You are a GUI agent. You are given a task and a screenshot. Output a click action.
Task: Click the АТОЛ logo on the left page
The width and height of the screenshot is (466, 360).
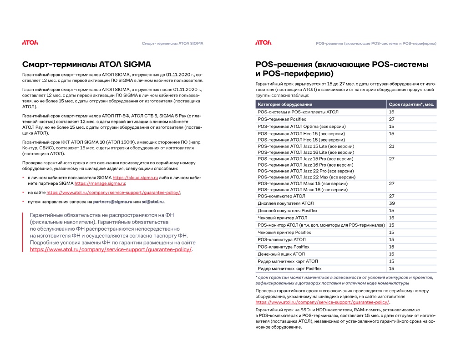[x=30, y=43]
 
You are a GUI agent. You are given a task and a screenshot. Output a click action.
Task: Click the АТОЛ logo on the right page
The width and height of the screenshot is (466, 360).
[x=263, y=43]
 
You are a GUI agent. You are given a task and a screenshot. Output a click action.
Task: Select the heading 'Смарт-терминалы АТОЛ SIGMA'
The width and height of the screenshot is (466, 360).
[x=86, y=64]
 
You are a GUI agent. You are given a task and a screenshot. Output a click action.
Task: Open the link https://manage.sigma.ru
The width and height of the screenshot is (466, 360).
[x=100, y=183]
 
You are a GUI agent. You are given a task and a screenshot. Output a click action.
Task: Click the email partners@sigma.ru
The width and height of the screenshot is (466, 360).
[x=113, y=201]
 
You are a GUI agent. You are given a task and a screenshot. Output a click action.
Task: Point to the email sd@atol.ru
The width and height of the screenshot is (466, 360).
[x=153, y=201]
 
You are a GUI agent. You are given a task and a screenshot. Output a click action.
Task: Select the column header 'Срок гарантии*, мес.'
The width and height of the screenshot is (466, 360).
[x=412, y=105]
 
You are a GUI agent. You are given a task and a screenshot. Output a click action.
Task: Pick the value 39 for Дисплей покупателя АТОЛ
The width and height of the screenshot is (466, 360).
[x=391, y=203]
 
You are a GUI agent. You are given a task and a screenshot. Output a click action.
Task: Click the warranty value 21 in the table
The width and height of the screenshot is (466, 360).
[x=391, y=146]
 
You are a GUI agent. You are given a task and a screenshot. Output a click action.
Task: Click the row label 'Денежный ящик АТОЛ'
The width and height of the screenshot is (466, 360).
[x=281, y=254]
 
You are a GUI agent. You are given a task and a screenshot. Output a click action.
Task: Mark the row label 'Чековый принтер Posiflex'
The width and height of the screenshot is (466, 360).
[x=284, y=232]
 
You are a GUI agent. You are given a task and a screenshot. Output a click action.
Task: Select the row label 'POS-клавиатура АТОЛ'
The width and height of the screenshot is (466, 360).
[x=282, y=239]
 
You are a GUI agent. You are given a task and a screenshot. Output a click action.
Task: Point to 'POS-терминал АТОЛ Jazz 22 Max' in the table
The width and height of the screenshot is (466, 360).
[x=306, y=177]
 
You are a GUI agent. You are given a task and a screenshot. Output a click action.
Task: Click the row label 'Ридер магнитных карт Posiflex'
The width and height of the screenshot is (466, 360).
[x=289, y=269]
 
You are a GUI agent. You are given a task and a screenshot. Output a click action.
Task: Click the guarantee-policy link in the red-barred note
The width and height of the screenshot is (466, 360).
[x=111, y=249]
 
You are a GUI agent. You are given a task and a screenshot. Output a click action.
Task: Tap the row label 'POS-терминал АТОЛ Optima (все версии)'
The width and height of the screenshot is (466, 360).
[x=302, y=126]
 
